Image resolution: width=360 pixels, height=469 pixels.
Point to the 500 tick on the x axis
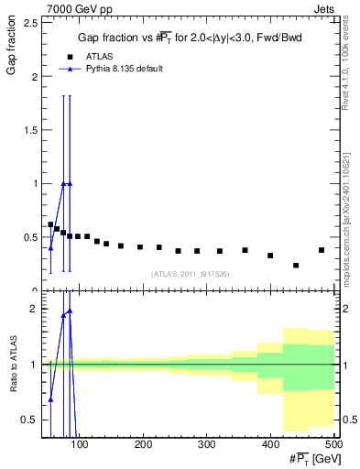333,444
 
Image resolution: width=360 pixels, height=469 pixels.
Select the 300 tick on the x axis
206,444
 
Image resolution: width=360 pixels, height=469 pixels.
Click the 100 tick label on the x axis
80,444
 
